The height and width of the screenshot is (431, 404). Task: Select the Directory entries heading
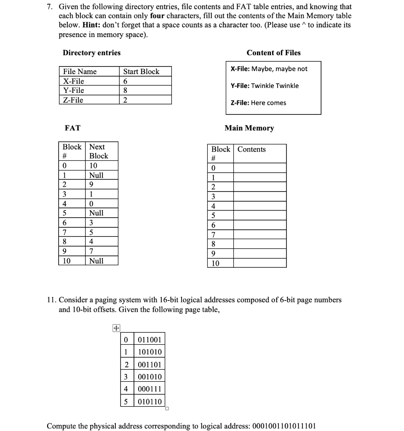click(x=91, y=53)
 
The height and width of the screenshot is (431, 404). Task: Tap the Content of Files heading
click(x=273, y=53)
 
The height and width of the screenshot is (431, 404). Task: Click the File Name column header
click(x=80, y=72)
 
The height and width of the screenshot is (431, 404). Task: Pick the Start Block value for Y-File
click(x=125, y=90)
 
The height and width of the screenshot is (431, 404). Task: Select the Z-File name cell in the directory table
click(x=73, y=100)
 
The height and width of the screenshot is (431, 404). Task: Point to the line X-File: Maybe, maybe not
click(x=269, y=69)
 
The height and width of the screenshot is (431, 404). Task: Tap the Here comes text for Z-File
click(x=268, y=103)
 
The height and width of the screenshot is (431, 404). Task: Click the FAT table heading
click(x=72, y=128)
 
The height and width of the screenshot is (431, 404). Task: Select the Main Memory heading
click(x=249, y=128)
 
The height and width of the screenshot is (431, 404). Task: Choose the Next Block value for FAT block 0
click(x=93, y=165)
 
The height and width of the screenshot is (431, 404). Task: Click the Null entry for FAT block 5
click(x=96, y=213)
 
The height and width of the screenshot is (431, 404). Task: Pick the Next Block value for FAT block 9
click(x=91, y=251)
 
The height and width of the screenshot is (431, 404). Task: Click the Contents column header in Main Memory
click(x=251, y=149)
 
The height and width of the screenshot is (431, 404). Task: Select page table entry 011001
click(x=150, y=340)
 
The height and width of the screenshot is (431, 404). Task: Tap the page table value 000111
click(x=150, y=389)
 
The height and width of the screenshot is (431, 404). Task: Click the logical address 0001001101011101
click(x=284, y=426)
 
